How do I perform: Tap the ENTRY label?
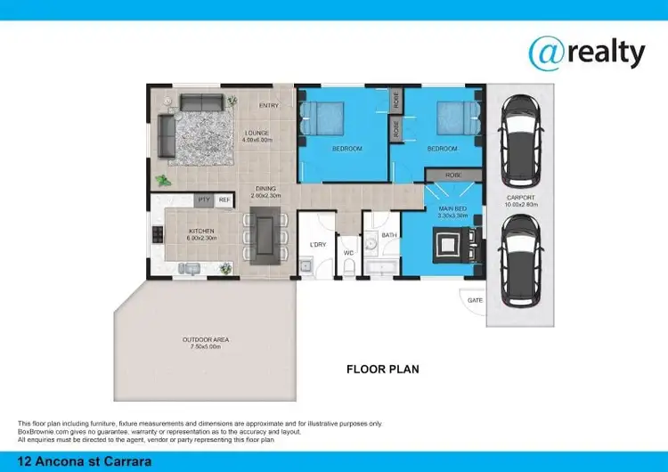coord(268,106)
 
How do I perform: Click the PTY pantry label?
coord(203,200)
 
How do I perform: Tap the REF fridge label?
coord(224,200)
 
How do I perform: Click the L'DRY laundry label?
coord(317,244)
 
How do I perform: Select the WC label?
coord(350,253)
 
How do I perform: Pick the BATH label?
coord(389,236)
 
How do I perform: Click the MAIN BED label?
coord(452,209)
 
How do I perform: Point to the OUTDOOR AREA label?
coord(208,339)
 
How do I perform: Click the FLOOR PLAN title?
coord(382,368)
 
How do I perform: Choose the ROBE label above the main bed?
coord(453,175)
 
